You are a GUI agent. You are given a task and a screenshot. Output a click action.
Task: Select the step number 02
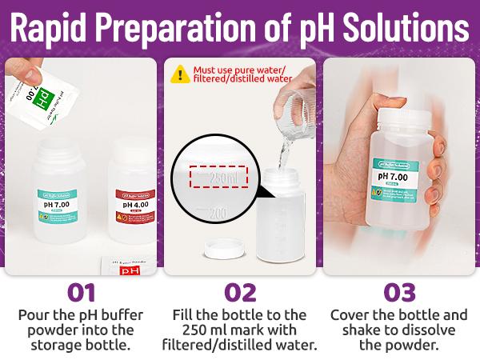click(x=240, y=291)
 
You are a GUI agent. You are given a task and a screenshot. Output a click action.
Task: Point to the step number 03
click(x=400, y=291)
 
